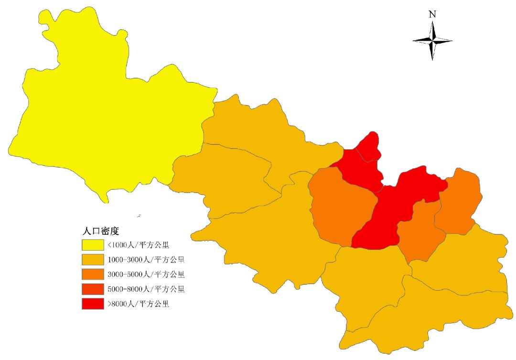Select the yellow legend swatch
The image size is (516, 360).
93,245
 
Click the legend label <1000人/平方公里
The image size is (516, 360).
138,245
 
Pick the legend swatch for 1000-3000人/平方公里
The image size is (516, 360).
93,260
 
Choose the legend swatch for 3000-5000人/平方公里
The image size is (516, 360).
93,274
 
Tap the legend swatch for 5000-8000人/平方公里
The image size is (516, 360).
93,289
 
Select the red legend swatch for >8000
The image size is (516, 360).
93,304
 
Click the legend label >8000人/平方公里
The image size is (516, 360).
138,304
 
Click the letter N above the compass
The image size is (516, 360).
432,14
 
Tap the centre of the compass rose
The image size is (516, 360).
432,41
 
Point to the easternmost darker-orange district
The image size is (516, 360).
459,201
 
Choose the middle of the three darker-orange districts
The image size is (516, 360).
420,229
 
